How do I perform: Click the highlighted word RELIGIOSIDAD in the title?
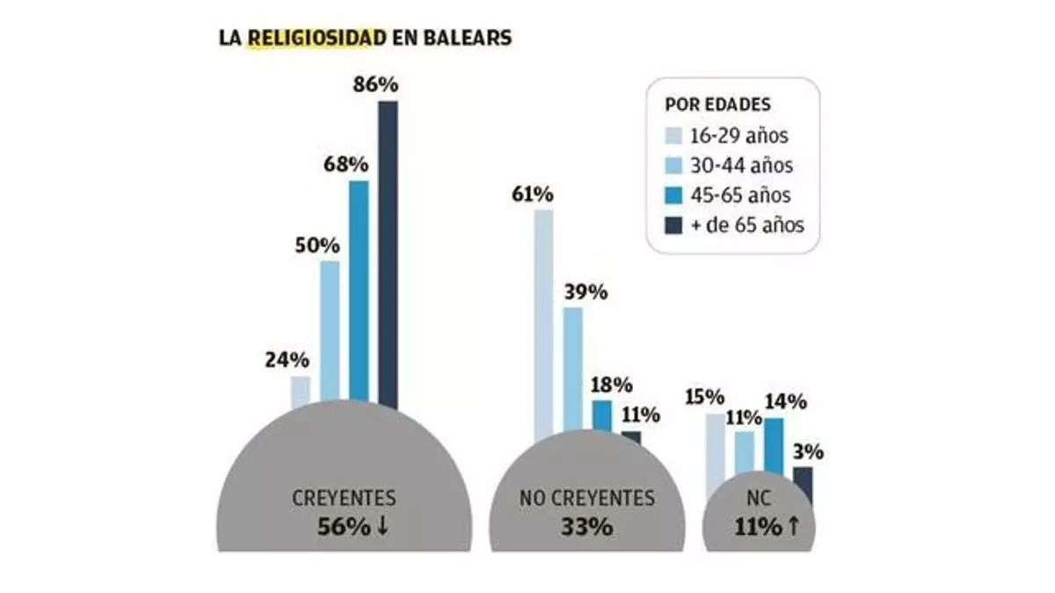[x=317, y=39]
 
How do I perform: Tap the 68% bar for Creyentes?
[x=359, y=290]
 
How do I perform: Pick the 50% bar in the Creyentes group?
[x=330, y=329]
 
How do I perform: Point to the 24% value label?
[x=287, y=359]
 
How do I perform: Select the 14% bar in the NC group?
[x=774, y=448]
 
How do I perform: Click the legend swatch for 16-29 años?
[x=673, y=136]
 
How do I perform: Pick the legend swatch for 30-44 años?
[x=673, y=165]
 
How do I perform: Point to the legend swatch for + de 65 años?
[x=673, y=224]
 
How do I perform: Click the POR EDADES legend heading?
[x=718, y=105]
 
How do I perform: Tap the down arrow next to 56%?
[x=384, y=526]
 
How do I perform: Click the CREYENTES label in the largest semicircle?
[x=343, y=498]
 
